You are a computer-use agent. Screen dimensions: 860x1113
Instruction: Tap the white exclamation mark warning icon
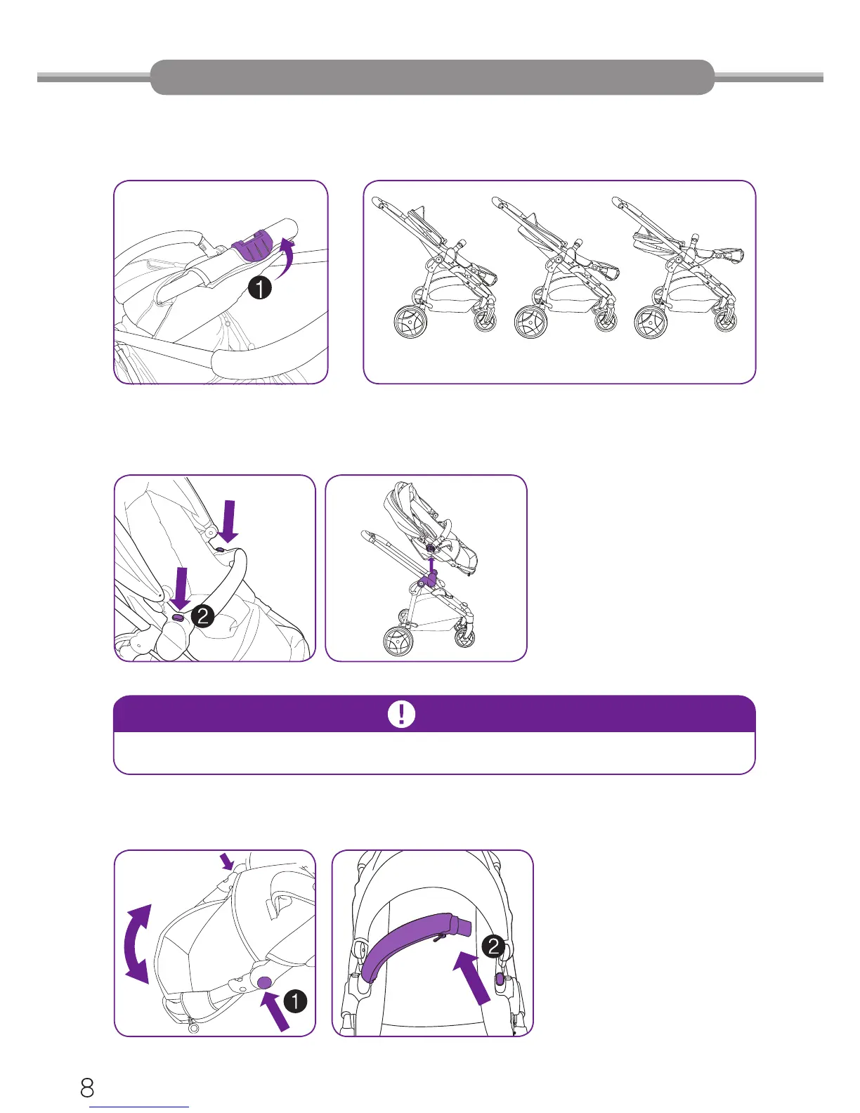pyautogui.click(x=402, y=713)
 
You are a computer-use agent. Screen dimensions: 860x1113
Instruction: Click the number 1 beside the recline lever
pyautogui.click(x=260, y=288)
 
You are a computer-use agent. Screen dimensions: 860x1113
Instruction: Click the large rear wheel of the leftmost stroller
pyautogui.click(x=410, y=321)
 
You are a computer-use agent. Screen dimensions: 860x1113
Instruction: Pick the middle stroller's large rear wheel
pyautogui.click(x=530, y=322)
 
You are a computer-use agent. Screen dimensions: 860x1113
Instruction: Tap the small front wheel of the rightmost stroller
pyautogui.click(x=725, y=320)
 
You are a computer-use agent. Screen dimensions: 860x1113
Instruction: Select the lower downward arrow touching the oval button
pyautogui.click(x=181, y=589)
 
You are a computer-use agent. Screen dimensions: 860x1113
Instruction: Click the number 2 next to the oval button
pyautogui.click(x=203, y=616)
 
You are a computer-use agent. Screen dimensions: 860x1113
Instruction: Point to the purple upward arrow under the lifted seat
pyautogui.click(x=432, y=566)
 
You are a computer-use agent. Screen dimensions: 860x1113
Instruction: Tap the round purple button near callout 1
pyautogui.click(x=264, y=982)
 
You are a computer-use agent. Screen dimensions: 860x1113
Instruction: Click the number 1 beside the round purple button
pyautogui.click(x=295, y=1001)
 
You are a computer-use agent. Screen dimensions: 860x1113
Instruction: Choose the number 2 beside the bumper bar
pyautogui.click(x=493, y=946)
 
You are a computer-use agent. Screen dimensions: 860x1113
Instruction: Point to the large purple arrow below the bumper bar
pyautogui.click(x=472, y=977)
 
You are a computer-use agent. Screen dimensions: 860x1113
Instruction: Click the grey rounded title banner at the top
pyautogui.click(x=432, y=77)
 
